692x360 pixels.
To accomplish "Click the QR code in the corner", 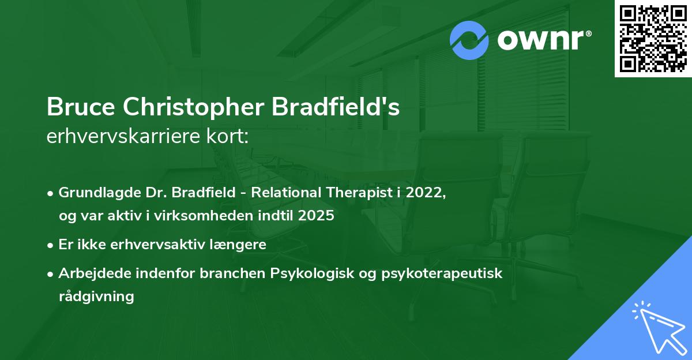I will click(x=653, y=39).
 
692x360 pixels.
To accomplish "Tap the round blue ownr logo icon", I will click(x=469, y=40).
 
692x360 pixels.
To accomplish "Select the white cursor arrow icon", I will click(x=657, y=325).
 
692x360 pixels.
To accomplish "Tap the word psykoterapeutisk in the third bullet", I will click(x=442, y=273).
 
